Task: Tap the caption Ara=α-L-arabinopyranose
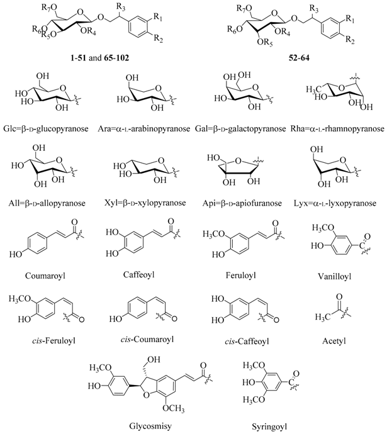point(145,130)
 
